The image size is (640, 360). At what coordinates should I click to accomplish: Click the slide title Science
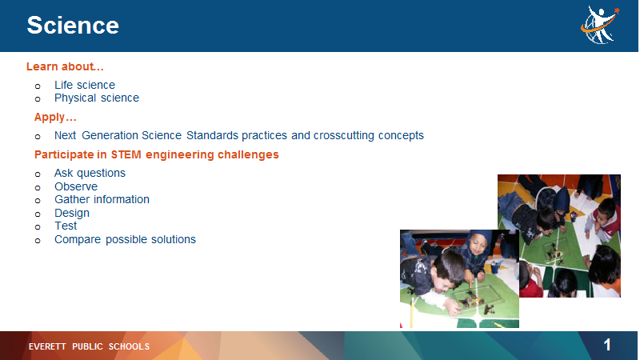[x=73, y=26]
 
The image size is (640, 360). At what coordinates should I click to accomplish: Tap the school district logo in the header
[x=600, y=25]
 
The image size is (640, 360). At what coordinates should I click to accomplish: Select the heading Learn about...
[x=65, y=66]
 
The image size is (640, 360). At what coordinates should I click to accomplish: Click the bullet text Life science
[x=85, y=85]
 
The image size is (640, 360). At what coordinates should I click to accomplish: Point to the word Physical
[x=75, y=98]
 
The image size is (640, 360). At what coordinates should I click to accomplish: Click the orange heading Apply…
[x=55, y=118]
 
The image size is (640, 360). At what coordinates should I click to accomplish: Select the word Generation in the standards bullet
[x=110, y=135]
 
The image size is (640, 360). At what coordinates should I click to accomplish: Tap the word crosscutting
[x=344, y=135]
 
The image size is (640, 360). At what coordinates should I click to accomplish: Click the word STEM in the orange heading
[x=126, y=154]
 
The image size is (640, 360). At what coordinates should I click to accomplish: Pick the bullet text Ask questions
[x=90, y=174]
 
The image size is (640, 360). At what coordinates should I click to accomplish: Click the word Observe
[x=76, y=186]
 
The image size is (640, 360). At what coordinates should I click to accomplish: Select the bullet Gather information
[x=102, y=199]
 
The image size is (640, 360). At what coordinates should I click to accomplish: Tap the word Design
[x=72, y=213]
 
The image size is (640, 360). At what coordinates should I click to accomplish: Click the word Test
[x=66, y=226]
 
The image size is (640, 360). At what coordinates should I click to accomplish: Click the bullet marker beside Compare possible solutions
[x=38, y=241]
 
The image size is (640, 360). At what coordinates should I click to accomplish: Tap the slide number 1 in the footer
[x=607, y=346]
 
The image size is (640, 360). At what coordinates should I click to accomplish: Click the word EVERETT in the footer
[x=47, y=346]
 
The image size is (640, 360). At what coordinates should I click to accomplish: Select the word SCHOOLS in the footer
[x=129, y=346]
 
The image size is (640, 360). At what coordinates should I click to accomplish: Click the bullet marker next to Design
[x=38, y=214]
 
